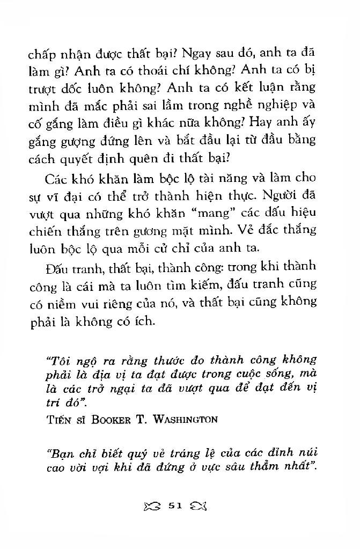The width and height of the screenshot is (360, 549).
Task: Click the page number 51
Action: click(x=175, y=506)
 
